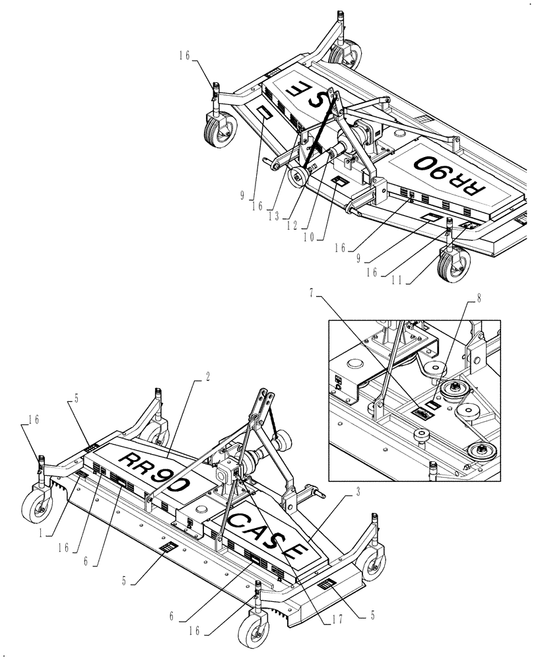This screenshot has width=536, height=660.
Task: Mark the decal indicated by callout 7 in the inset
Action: click(421, 414)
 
